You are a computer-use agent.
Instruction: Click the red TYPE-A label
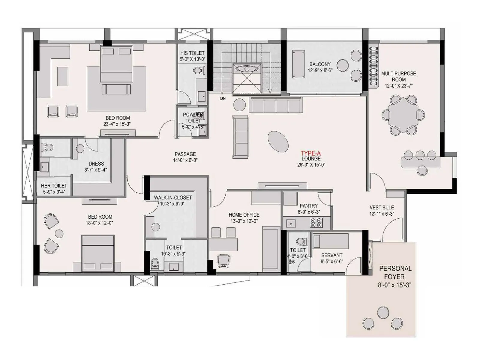click(x=310, y=153)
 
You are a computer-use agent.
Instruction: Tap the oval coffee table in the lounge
click(x=278, y=141)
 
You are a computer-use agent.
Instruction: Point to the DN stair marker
click(x=223, y=98)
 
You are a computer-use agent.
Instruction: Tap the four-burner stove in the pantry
click(x=316, y=223)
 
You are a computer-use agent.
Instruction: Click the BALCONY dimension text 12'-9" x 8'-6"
click(x=320, y=70)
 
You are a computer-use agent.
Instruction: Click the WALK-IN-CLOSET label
click(x=172, y=197)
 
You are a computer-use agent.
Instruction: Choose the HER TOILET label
click(x=54, y=186)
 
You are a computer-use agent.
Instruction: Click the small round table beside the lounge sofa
click(x=240, y=104)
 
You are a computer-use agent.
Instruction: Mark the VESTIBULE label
click(x=382, y=207)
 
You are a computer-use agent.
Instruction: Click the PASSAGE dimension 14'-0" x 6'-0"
click(x=185, y=160)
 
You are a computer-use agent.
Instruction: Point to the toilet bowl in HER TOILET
click(x=47, y=147)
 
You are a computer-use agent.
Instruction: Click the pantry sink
click(x=290, y=223)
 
